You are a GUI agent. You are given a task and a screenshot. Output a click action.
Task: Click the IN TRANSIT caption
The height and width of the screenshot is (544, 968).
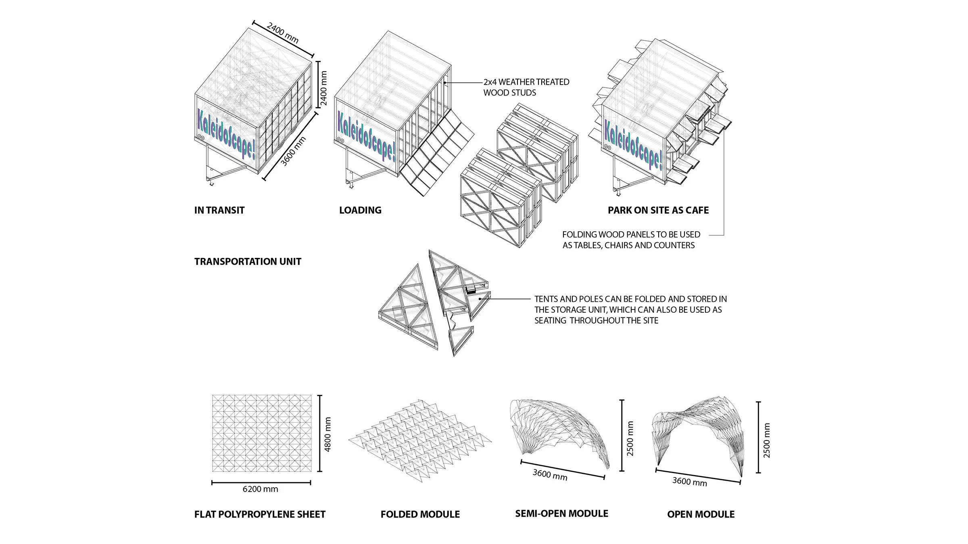point(219,210)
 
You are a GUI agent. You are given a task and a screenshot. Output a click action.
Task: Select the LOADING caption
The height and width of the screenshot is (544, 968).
point(360,210)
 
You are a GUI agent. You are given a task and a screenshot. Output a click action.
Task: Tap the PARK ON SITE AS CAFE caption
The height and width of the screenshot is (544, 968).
point(658,210)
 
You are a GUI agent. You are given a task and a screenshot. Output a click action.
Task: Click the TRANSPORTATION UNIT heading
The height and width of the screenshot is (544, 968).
point(248,262)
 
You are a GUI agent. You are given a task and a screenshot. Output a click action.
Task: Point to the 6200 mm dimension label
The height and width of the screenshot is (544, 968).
point(260,489)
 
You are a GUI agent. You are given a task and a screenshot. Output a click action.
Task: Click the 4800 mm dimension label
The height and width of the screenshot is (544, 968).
point(328,434)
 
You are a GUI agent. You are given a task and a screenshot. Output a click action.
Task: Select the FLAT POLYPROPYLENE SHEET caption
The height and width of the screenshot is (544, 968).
point(260,515)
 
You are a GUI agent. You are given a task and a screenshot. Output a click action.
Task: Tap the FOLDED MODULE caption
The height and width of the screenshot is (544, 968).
point(420,515)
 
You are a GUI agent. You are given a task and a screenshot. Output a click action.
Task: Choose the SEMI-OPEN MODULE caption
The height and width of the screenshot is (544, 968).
point(561,514)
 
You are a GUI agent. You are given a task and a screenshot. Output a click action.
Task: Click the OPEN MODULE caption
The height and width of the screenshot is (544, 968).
point(701,515)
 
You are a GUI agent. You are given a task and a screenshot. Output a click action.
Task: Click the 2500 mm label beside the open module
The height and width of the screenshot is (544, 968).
point(767,440)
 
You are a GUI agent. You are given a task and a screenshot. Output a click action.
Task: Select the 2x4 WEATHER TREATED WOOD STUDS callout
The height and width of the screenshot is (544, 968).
point(526,87)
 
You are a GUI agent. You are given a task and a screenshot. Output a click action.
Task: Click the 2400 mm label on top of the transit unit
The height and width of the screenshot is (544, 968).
point(283,33)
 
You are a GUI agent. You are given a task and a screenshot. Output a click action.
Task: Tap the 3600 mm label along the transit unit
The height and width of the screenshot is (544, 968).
point(293,151)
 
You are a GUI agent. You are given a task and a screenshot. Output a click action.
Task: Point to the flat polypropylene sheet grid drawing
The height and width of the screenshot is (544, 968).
point(262,433)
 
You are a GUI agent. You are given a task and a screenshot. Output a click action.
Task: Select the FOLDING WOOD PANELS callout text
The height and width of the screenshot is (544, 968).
point(631,240)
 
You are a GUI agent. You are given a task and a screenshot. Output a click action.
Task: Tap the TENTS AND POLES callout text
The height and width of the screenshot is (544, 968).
point(630,310)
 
